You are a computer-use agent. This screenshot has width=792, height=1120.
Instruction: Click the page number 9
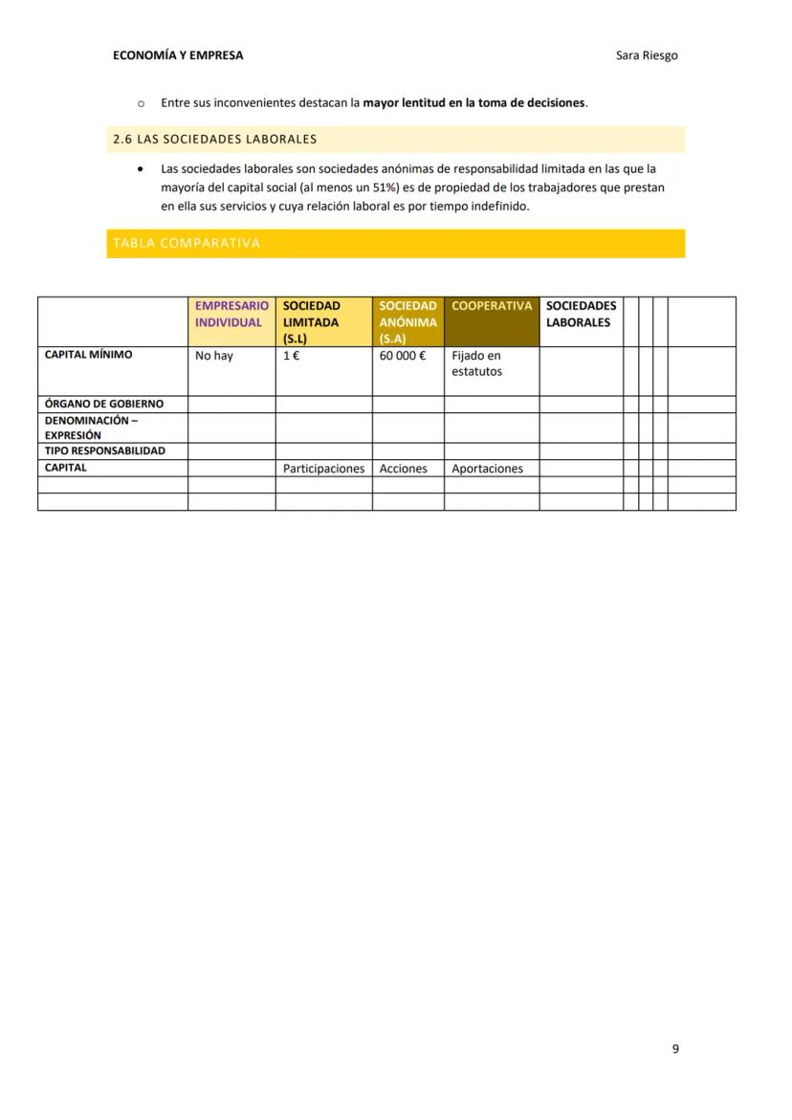[x=675, y=1049]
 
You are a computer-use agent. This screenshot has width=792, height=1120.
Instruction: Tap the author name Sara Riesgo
[x=647, y=55]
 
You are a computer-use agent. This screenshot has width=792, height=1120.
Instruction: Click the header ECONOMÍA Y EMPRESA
[x=178, y=55]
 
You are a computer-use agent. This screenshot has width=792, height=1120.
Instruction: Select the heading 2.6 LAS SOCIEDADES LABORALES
[x=215, y=140]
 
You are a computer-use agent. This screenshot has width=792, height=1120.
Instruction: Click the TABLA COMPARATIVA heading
[x=187, y=243]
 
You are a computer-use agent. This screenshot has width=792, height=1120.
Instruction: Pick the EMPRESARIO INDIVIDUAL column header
[x=231, y=315]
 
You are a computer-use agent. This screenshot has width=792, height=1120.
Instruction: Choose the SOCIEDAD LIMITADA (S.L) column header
[x=312, y=322]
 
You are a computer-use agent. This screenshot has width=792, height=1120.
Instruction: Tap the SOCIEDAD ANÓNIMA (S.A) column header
[x=407, y=322]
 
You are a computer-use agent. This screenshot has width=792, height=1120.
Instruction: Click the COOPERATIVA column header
[x=491, y=306]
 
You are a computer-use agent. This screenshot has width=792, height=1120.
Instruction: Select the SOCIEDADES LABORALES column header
[x=581, y=315]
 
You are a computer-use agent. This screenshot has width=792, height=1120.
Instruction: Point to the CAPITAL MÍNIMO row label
[x=89, y=355]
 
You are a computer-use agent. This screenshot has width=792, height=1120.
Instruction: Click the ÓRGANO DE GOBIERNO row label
[x=104, y=405]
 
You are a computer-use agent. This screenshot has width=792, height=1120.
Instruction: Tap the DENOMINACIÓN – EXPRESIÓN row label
[x=91, y=428]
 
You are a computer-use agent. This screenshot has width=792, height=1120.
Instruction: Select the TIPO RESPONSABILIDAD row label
[x=105, y=450]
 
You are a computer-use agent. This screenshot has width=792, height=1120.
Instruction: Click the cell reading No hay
[x=214, y=356]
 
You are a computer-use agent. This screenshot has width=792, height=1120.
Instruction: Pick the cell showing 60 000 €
[x=403, y=356]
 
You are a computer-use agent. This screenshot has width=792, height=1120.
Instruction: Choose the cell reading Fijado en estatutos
[x=476, y=363]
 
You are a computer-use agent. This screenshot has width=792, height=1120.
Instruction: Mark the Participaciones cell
[x=323, y=469]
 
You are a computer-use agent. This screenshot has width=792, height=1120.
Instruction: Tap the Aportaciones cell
[x=487, y=469]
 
